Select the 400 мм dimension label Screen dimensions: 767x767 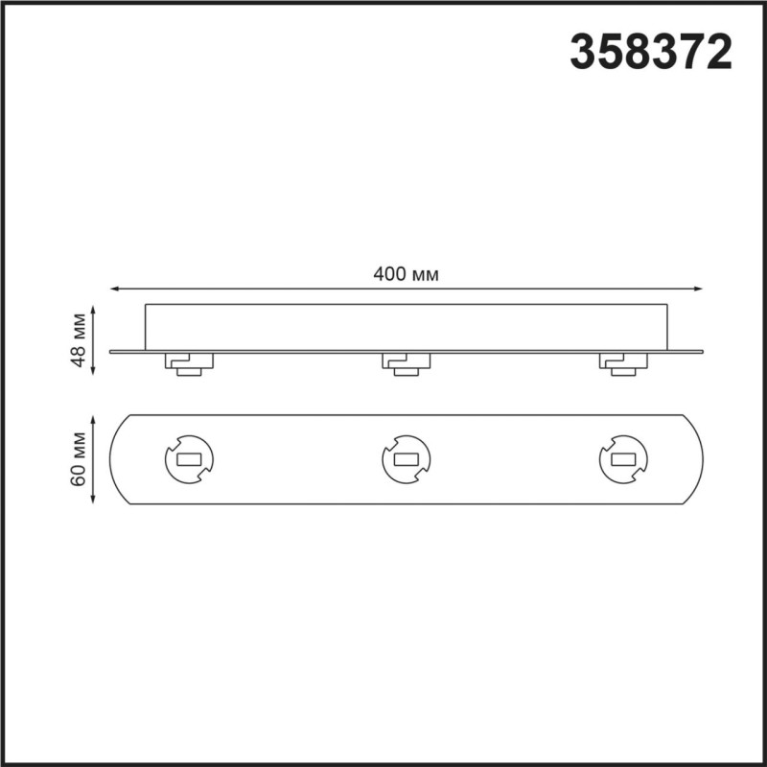[407, 274]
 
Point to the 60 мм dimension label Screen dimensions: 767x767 [81, 461]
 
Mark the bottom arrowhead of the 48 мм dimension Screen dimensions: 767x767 [94, 375]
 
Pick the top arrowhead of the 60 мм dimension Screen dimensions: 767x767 [94, 419]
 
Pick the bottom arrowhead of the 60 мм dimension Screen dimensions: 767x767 [94, 502]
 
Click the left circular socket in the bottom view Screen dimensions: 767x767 [189, 460]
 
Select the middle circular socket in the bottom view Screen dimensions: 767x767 [407, 460]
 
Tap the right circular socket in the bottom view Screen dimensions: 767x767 [624, 460]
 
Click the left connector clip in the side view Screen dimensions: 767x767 [189, 363]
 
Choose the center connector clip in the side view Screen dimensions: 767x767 [407, 363]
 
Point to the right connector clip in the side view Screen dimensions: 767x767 [624, 363]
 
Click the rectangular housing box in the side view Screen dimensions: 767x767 [407, 327]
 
